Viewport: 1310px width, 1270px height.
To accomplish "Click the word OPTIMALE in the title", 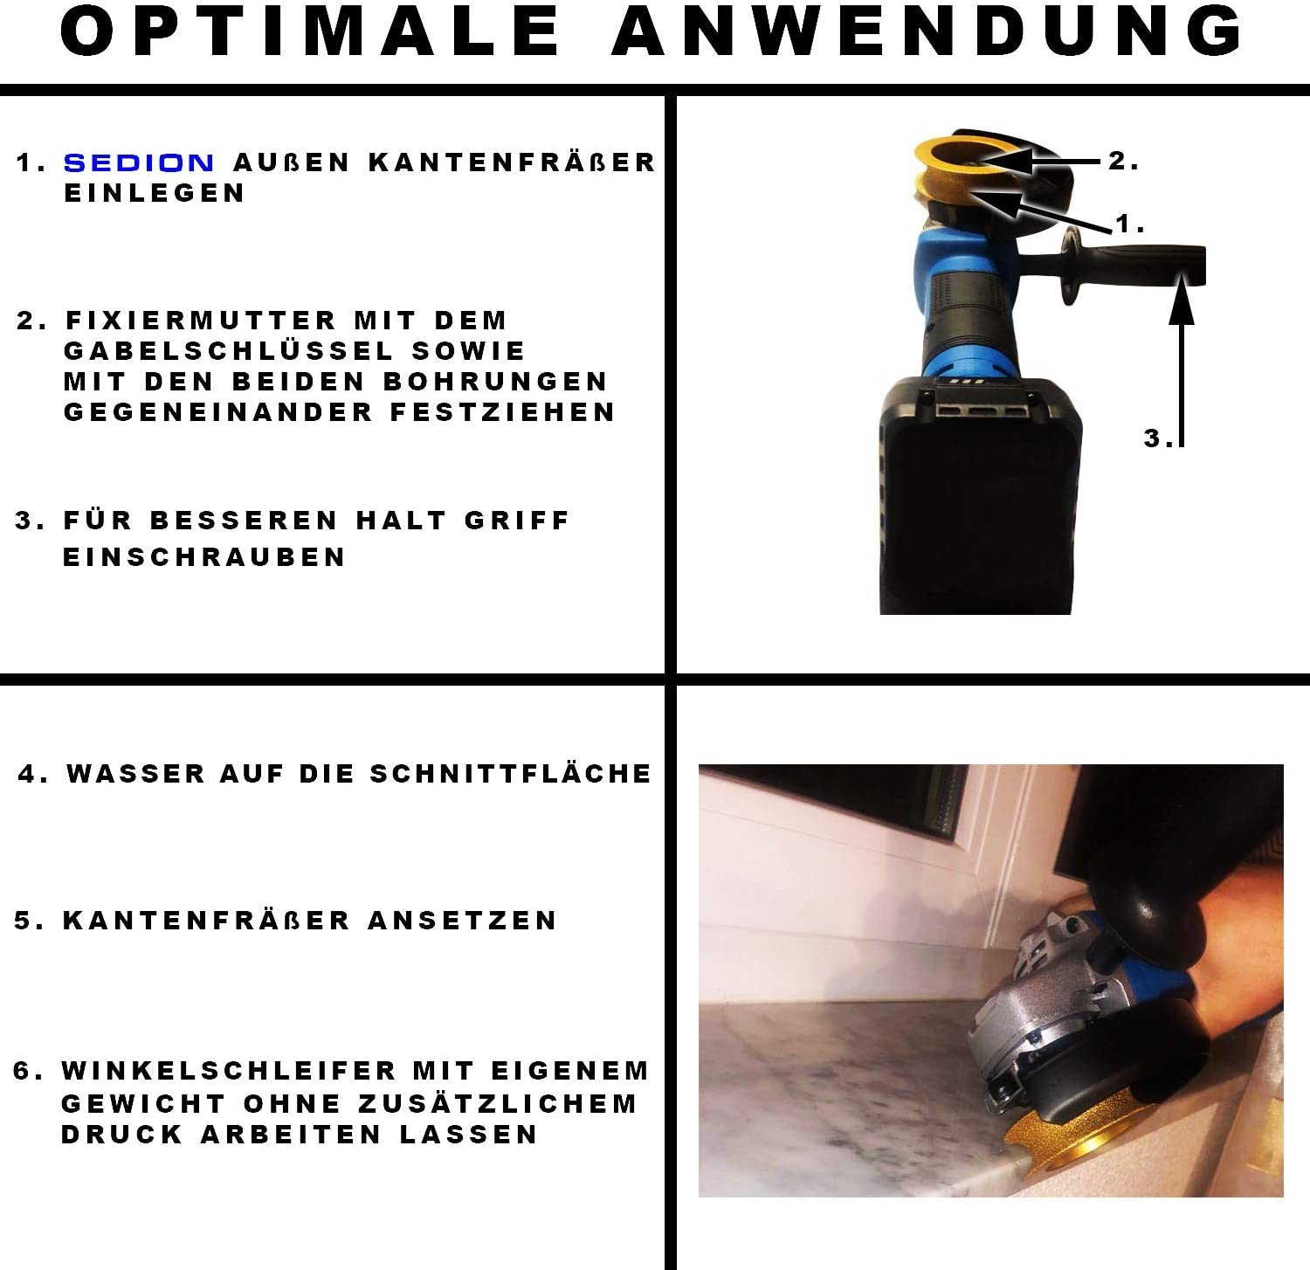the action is (x=310, y=32).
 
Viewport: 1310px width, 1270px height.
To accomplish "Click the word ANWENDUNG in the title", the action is (x=928, y=32).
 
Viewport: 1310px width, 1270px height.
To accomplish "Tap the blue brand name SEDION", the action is (x=139, y=162).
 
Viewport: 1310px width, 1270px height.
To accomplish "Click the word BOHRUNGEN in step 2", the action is (x=496, y=382).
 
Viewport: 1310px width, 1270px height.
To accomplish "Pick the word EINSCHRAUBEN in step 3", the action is (x=204, y=557).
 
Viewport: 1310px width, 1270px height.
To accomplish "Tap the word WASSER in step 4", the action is (x=135, y=774).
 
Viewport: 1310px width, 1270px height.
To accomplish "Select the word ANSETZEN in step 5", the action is (x=462, y=921).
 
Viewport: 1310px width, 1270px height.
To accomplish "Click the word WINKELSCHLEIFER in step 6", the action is (x=229, y=1071).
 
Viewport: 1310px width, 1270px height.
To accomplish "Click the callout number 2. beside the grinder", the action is (x=1123, y=161).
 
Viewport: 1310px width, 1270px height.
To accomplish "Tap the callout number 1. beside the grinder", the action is (x=1130, y=224).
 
